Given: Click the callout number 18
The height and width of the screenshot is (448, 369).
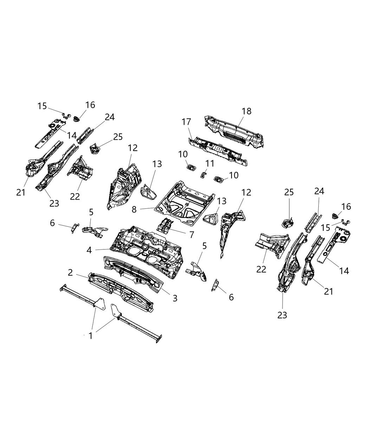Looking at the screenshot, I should coord(247,111).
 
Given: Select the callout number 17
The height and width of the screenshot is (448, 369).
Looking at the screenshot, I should coord(186,122).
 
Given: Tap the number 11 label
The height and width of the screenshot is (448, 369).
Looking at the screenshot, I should coord(210,163).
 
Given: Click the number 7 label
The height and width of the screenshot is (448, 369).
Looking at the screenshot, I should coord(192,235).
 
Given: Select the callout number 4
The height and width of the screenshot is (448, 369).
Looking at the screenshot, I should coord(90,250).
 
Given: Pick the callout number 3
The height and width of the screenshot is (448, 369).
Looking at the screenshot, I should coord(175,298).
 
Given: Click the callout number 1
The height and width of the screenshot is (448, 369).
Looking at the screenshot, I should coord(90,336).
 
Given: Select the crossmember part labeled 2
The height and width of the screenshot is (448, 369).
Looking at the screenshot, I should coord(119,292).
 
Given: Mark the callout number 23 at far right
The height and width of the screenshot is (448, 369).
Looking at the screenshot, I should coord(282,315).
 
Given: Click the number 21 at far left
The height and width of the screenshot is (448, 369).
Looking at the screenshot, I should coord(21,192).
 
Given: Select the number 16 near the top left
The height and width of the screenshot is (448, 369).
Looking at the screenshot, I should coord(90,105).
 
